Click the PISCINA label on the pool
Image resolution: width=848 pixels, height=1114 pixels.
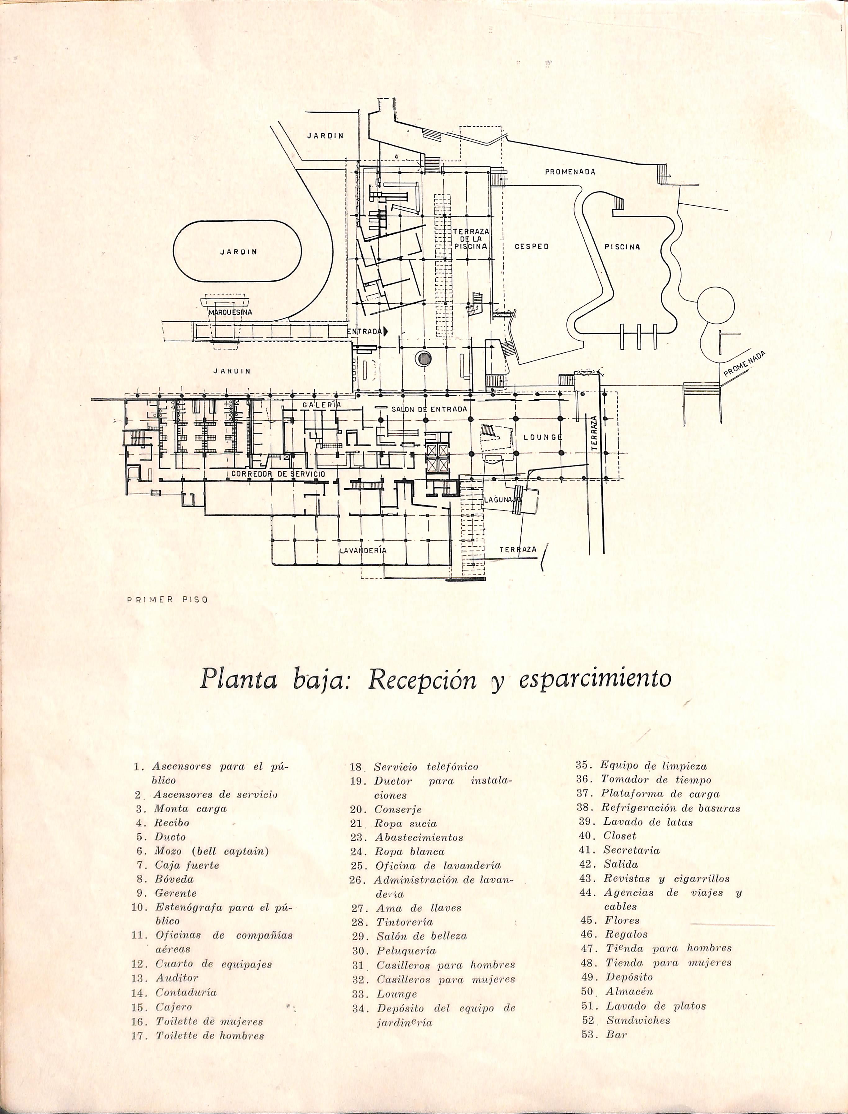pos(622,247)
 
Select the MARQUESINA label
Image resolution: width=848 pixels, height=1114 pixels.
pos(230,312)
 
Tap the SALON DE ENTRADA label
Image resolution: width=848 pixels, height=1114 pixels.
pos(429,409)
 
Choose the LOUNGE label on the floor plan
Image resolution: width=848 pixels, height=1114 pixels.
pos(543,437)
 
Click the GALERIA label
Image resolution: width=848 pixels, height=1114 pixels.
pos(322,405)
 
